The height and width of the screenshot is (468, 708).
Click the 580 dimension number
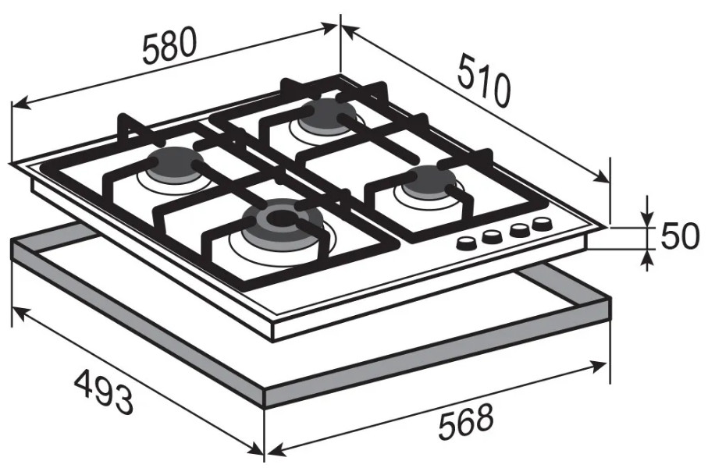point(169,45)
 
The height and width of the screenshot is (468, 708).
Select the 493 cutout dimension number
point(104,391)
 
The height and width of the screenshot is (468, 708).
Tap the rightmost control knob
point(542,223)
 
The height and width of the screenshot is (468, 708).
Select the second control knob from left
point(491,236)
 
